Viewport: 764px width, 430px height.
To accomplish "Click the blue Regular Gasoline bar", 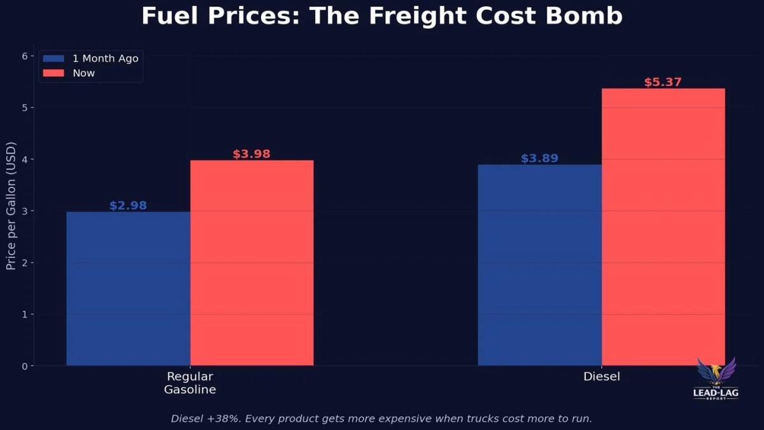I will pyautogui.click(x=128, y=289).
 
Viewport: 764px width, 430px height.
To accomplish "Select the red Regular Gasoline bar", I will pyautogui.click(x=251, y=262).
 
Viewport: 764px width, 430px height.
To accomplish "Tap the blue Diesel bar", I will pyautogui.click(x=539, y=265).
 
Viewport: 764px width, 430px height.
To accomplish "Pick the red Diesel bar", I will pyautogui.click(x=663, y=227).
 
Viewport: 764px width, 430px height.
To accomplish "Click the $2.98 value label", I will pyautogui.click(x=128, y=206).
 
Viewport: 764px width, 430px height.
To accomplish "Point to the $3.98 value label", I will pyautogui.click(x=251, y=154).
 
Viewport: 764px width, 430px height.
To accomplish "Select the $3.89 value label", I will pyautogui.click(x=539, y=159).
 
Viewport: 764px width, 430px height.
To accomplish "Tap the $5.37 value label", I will pyautogui.click(x=663, y=82).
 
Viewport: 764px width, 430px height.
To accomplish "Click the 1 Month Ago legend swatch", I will pyautogui.click(x=53, y=59).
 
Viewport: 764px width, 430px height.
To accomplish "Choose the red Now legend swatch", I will pyautogui.click(x=53, y=73).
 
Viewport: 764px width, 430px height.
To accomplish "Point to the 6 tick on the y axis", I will pyautogui.click(x=25, y=56).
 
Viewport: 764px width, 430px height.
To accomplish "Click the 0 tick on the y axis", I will pyautogui.click(x=25, y=366).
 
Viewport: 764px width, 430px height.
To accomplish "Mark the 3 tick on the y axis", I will pyautogui.click(x=25, y=211).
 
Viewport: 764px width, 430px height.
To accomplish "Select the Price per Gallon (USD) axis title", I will pyautogui.click(x=11, y=211).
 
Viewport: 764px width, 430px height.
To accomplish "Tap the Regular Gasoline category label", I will pyautogui.click(x=190, y=383).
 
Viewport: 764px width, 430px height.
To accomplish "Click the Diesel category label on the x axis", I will pyautogui.click(x=602, y=376).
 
